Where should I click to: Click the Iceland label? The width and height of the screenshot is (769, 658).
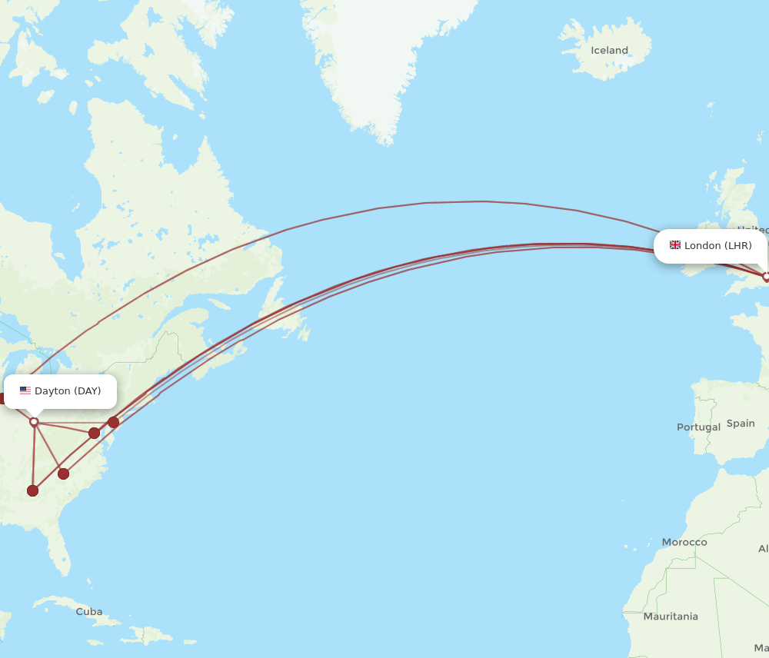click(x=609, y=51)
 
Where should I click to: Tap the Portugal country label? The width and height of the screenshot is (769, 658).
click(x=698, y=427)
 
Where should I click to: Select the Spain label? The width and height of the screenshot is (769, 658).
click(x=741, y=424)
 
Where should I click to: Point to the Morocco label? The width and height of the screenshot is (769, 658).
click(x=684, y=543)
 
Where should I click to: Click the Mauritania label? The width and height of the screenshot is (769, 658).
click(x=671, y=616)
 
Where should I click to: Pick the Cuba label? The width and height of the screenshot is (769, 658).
click(x=89, y=612)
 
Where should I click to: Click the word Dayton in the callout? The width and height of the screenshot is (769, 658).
click(x=52, y=391)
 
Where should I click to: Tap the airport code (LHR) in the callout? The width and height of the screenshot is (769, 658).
click(x=738, y=246)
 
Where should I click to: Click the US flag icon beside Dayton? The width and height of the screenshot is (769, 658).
click(x=25, y=391)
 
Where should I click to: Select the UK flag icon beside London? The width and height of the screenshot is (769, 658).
click(x=675, y=245)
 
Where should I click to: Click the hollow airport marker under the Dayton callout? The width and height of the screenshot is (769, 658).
click(x=34, y=421)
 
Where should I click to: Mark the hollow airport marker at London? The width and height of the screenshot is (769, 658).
click(x=766, y=276)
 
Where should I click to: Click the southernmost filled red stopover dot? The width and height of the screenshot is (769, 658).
click(x=32, y=490)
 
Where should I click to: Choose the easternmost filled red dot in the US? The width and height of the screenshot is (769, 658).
click(x=113, y=422)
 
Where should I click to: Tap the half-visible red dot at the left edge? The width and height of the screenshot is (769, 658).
click(x=2, y=398)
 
